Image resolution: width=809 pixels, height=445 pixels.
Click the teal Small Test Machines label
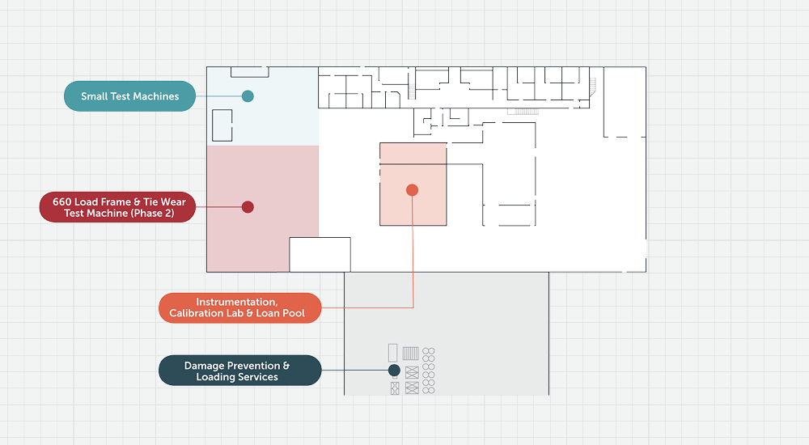pos(129,96)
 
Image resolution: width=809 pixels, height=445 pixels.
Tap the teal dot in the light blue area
pos(248,96)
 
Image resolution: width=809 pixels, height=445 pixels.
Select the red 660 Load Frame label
pos(117,207)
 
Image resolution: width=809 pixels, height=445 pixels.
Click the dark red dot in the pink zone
pos(248,207)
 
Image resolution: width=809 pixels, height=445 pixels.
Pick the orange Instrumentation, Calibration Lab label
pos(240,307)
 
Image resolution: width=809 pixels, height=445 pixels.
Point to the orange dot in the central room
pos(412,190)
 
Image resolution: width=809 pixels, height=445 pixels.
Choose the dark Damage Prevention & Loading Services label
pos(240,370)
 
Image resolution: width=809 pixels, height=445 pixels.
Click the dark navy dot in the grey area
pos(394,370)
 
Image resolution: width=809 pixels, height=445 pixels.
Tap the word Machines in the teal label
pos(155,96)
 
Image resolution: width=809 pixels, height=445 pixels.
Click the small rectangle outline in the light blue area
pos(222,125)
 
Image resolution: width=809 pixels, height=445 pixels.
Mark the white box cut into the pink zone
pos(320,255)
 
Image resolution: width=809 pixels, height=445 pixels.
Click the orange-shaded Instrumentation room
pos(413,184)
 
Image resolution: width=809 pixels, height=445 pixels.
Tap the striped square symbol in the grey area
pos(411,354)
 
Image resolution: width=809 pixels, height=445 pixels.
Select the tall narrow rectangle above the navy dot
pos(392,353)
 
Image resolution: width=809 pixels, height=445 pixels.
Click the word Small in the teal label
pos(95,96)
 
